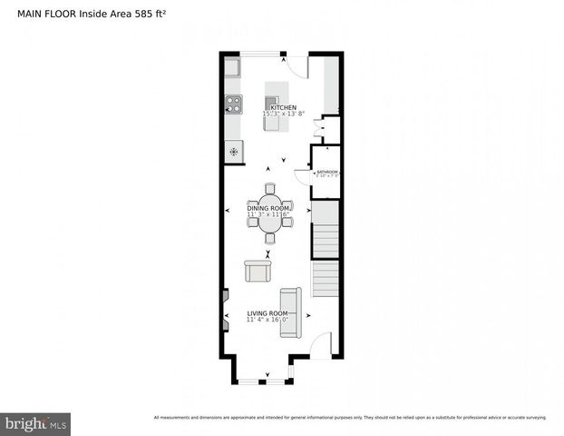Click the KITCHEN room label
tap(283, 108)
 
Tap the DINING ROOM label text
tap(269, 209)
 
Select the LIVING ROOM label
tap(267, 313)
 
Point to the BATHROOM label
tap(326, 172)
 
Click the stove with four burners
tap(233, 104)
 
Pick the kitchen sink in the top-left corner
tap(233, 68)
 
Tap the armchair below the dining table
tap(257, 271)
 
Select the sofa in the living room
tap(290, 312)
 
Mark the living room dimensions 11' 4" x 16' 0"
tap(267, 320)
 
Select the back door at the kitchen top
tap(296, 65)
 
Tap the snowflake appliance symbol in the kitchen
tap(234, 151)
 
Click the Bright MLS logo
tap(36, 423)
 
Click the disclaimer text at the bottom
tap(350, 418)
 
